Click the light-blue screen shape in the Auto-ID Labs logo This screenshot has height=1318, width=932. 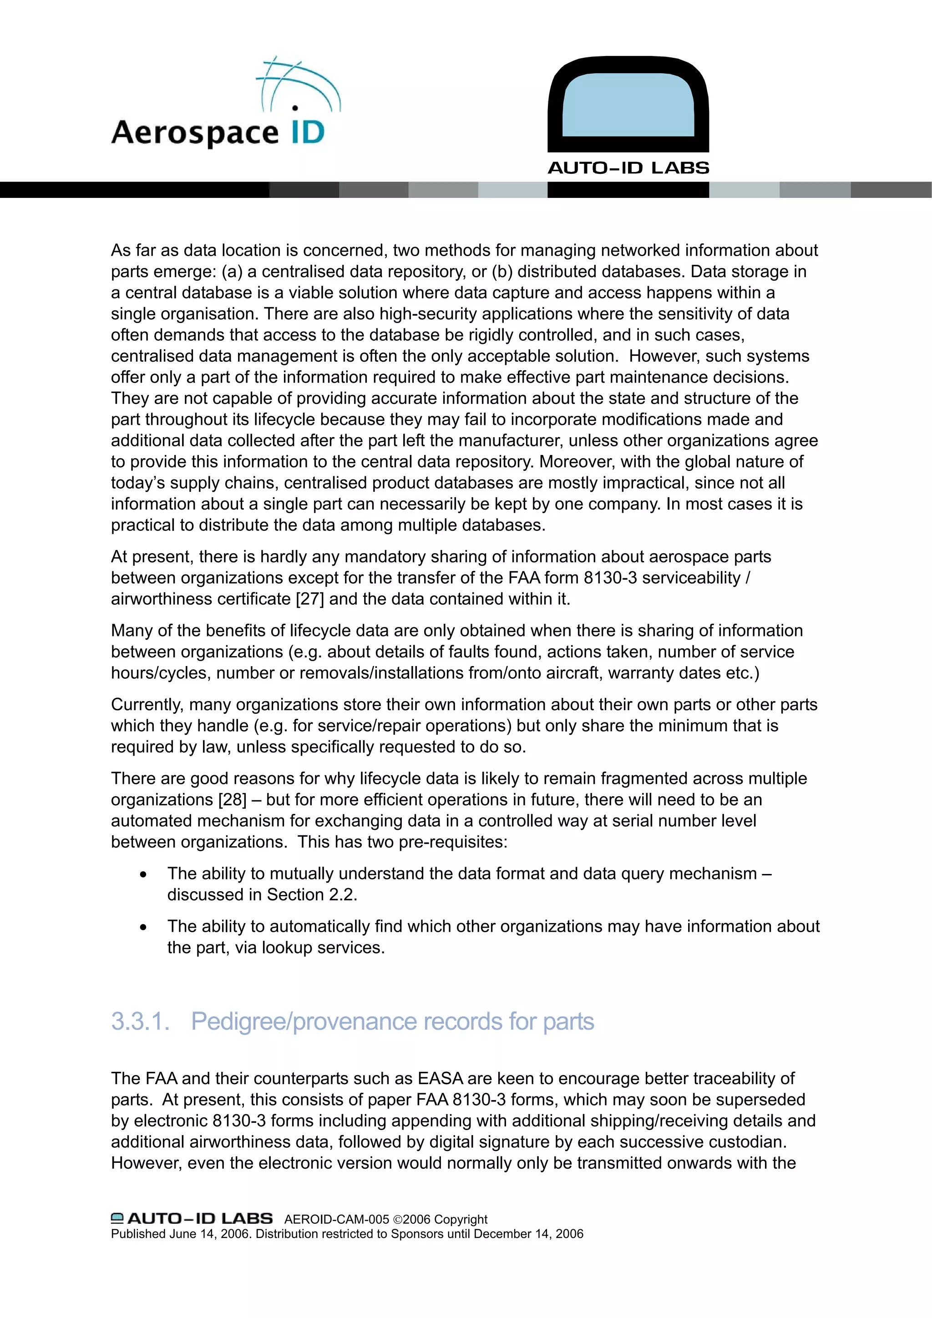pos(628,103)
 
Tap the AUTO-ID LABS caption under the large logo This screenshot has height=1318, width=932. pos(628,168)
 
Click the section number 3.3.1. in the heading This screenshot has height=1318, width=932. pos(140,1021)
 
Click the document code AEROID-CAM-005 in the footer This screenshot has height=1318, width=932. pos(336,1219)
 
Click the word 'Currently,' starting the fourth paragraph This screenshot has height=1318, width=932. pos(147,704)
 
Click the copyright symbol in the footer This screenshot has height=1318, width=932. pos(397,1220)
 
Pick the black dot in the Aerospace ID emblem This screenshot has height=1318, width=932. pos(295,107)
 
